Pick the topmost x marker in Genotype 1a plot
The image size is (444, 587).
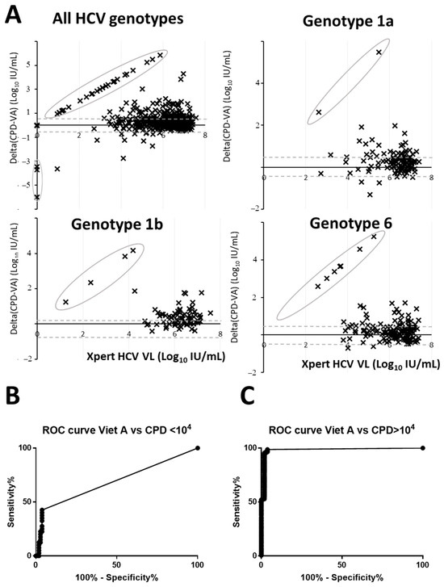tap(379, 52)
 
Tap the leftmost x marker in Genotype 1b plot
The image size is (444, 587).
tap(66, 302)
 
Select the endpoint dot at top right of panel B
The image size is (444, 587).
tap(197, 448)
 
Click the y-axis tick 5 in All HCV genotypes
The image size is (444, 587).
tap(27, 62)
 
